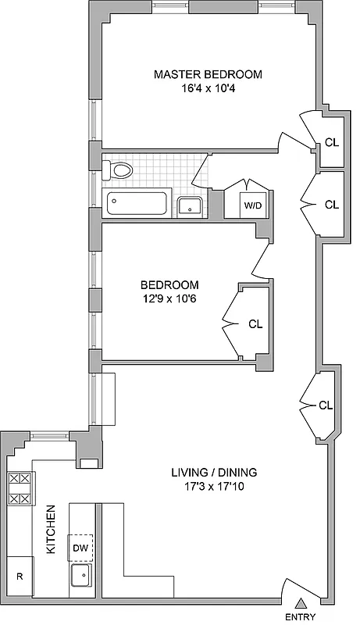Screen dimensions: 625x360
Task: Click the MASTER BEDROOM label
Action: click(207, 74)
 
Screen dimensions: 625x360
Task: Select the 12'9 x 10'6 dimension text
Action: click(169, 298)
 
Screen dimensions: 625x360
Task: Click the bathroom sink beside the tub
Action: click(191, 207)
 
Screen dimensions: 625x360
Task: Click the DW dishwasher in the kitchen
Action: click(81, 548)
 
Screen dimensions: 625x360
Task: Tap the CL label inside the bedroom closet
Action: click(255, 323)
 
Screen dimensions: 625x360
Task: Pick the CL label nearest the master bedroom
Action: click(331, 142)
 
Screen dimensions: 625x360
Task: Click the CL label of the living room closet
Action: click(326, 405)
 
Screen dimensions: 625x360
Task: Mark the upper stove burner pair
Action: click(20, 479)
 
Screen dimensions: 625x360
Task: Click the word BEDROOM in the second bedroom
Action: click(169, 284)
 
